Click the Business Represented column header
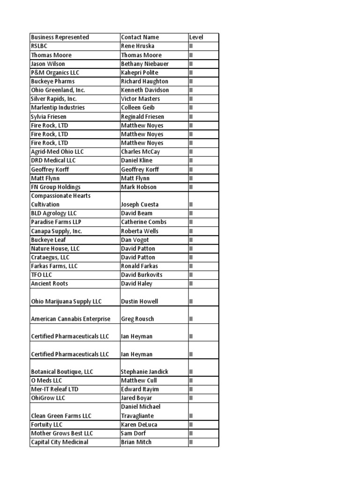pos(60,37)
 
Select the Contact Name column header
pos(140,37)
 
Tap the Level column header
pos(196,37)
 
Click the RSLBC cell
pos(39,46)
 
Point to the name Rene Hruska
pos(137,46)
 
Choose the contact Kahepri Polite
pos(140,73)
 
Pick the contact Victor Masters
pos(140,99)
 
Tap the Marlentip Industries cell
pos(58,108)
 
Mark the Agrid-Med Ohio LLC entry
pos(57,152)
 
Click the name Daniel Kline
pos(136,160)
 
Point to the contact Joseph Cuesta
pos(140,204)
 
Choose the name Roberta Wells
pos(140,231)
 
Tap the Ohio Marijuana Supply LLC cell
pos(66,301)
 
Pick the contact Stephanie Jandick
pos(144,372)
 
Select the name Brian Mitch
pos(136,442)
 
